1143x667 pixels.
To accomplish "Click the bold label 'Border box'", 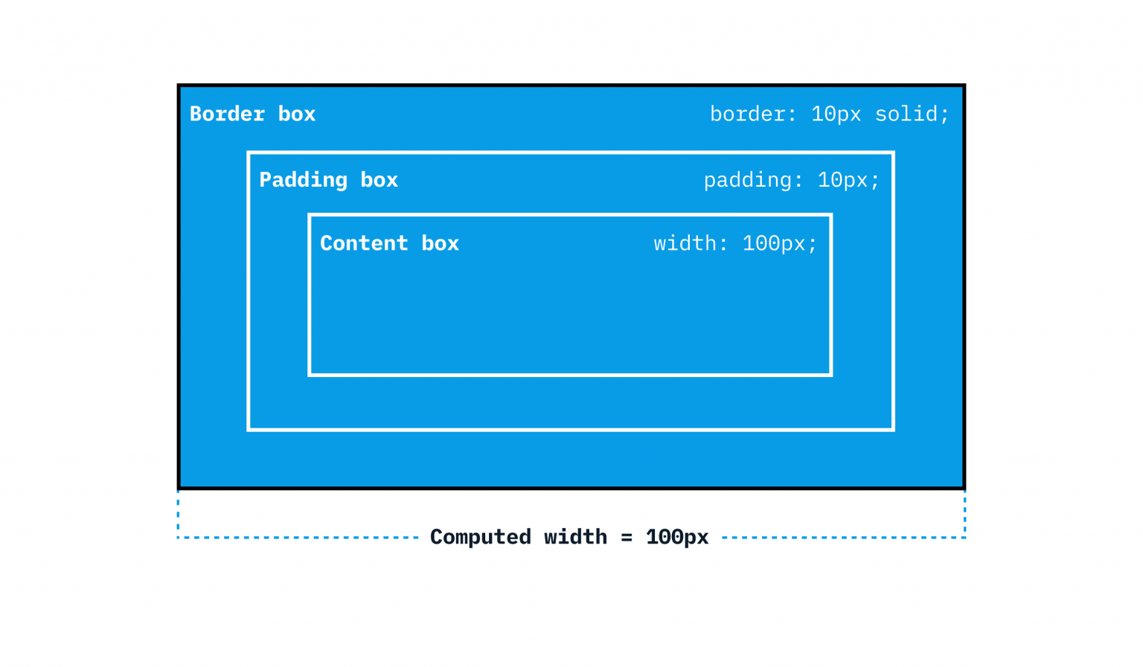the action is tap(252, 114).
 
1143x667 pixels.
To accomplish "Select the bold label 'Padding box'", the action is tap(329, 180).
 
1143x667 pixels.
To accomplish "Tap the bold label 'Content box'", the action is tap(389, 243).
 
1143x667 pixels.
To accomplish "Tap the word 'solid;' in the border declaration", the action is tap(912, 115).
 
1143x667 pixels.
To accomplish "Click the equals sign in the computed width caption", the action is tap(627, 538).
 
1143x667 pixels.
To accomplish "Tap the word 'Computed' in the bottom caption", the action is tap(480, 538).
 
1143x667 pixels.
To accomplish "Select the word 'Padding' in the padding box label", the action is tap(303, 180).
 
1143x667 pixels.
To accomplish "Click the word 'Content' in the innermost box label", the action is tap(364, 243).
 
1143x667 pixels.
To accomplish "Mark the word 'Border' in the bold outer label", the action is tap(227, 114).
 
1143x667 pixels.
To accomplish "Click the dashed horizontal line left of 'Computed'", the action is tap(298, 538).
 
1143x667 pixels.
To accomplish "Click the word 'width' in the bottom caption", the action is tap(575, 538).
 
